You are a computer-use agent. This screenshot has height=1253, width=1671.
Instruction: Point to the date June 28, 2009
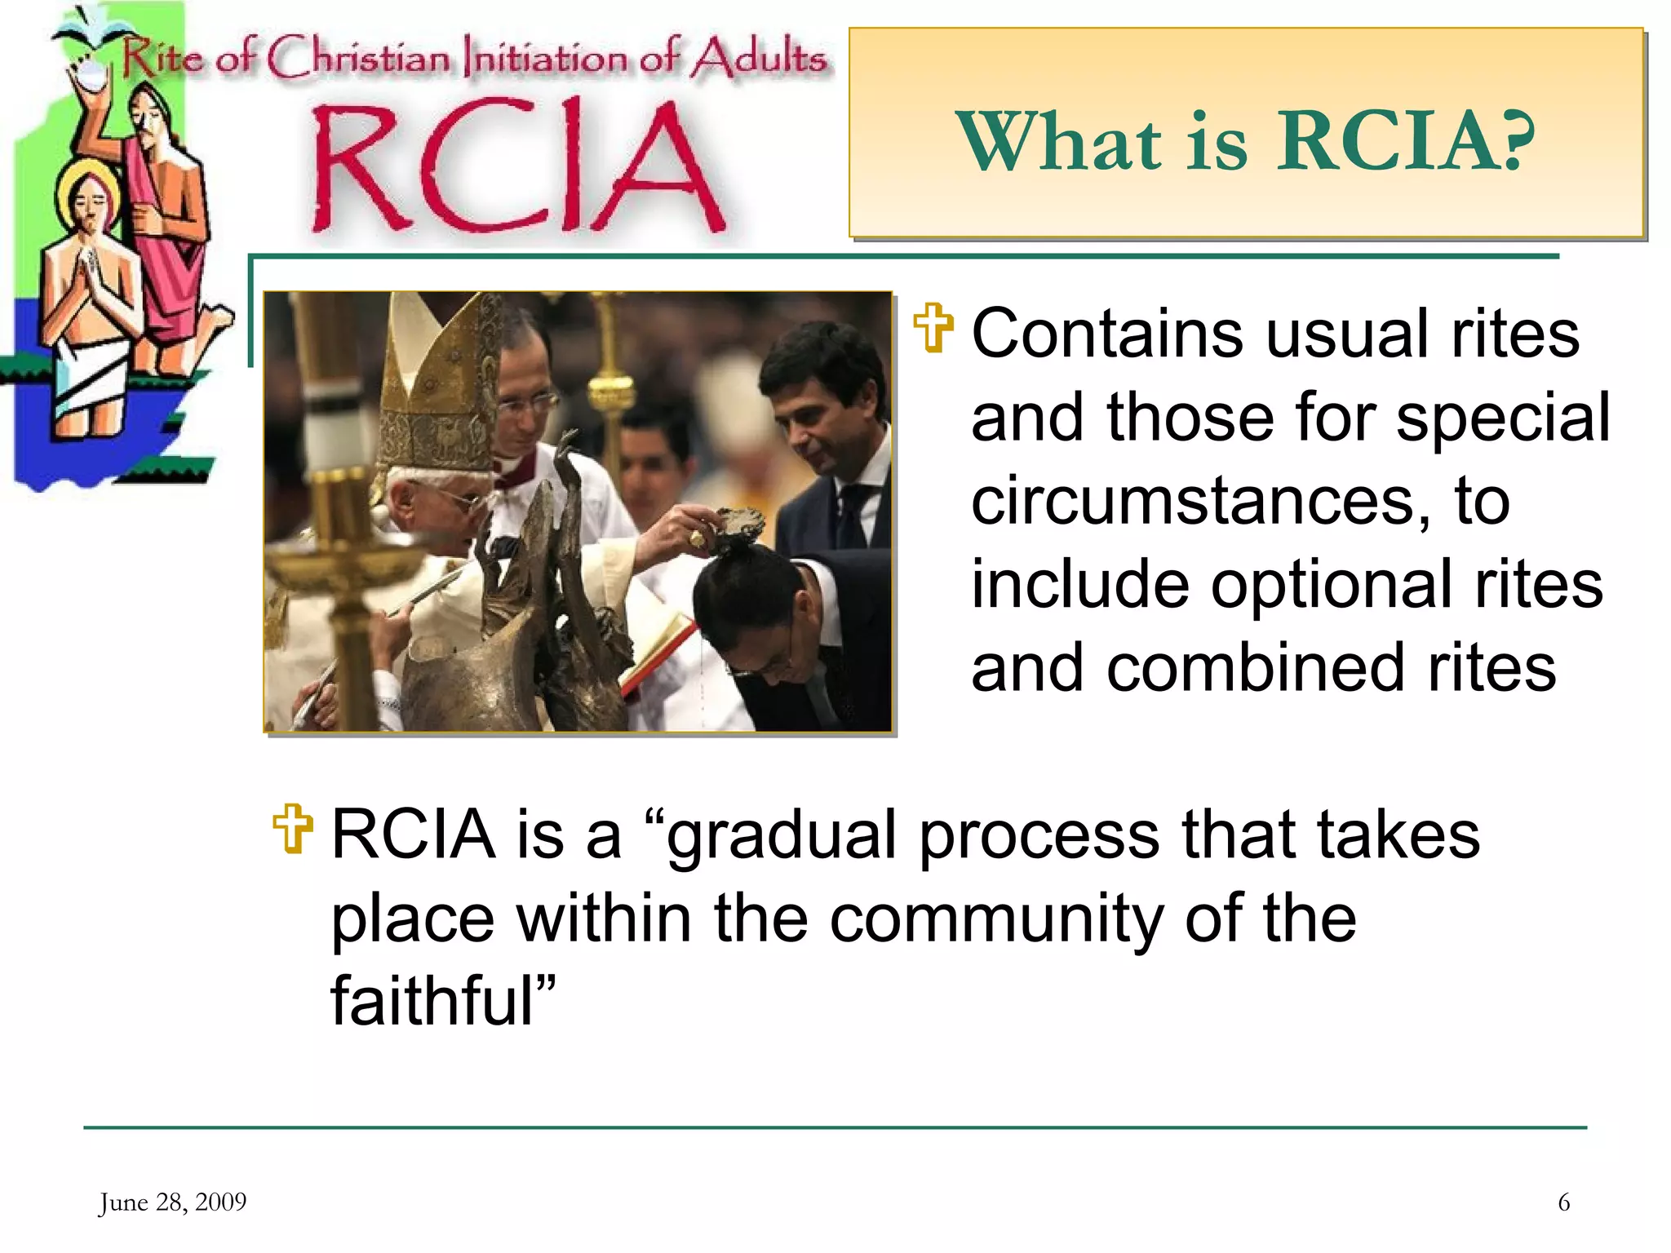coord(172,1202)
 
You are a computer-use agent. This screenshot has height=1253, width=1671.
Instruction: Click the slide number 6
coord(1563,1202)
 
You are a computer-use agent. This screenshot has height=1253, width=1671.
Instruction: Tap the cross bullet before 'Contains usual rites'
coord(933,328)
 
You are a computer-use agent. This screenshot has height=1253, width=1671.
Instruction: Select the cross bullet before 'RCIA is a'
coord(293,829)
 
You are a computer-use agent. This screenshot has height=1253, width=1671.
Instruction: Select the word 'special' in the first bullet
coord(1503,418)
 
